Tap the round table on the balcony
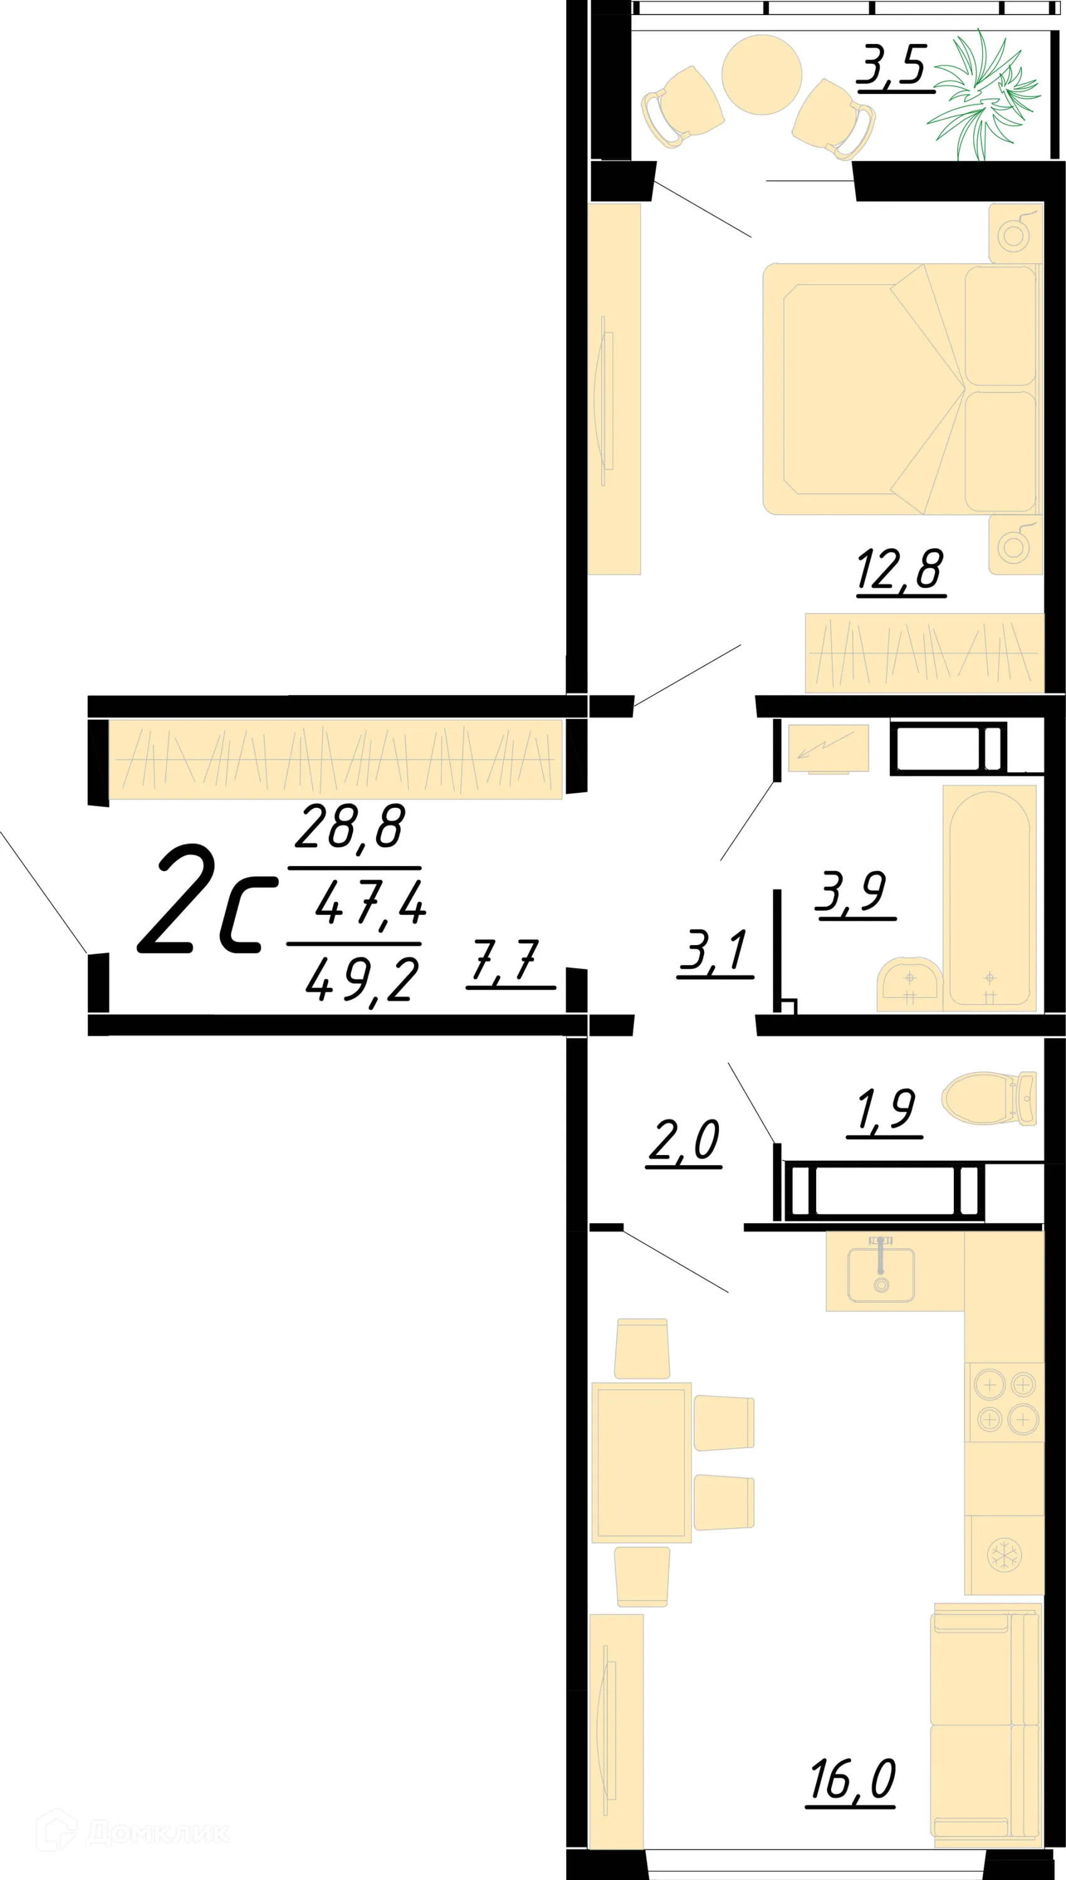pos(762,75)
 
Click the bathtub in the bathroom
pos(989,898)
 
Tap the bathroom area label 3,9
pos(854,892)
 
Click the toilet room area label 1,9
pos(885,1111)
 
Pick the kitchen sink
pos(881,1273)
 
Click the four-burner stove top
pos(1005,1402)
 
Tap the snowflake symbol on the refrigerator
pos(1004,1555)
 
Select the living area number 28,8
pos(350,828)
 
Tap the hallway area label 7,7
pos(507,961)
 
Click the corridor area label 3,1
pos(714,951)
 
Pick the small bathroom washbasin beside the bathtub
pos(909,983)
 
